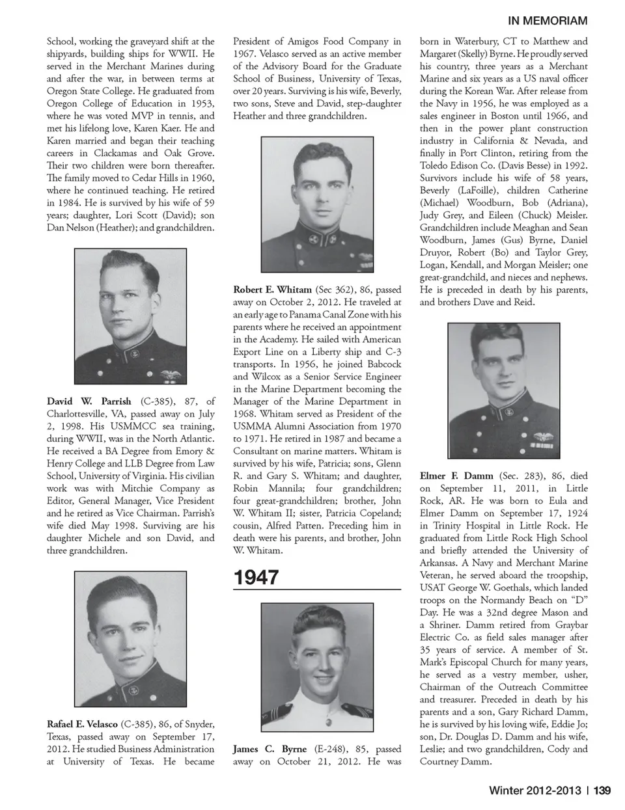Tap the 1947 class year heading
coord(256,577)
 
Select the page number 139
coord(602,790)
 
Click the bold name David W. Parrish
coord(89,401)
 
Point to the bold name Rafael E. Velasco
coord(82,724)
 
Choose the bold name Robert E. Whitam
coord(272,290)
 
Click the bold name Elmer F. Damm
coord(456,476)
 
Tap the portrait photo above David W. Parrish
coord(130,317)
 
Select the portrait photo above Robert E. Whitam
coord(317,204)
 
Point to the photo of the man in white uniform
coord(317,668)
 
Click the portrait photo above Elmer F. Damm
coord(504,390)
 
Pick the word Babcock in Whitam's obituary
coord(383,364)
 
